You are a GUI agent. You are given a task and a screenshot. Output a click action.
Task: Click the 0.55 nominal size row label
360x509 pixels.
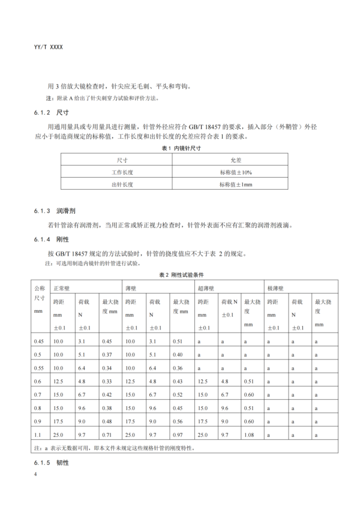(x=40, y=367)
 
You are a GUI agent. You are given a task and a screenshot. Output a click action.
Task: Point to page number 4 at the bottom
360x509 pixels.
(x=36, y=475)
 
